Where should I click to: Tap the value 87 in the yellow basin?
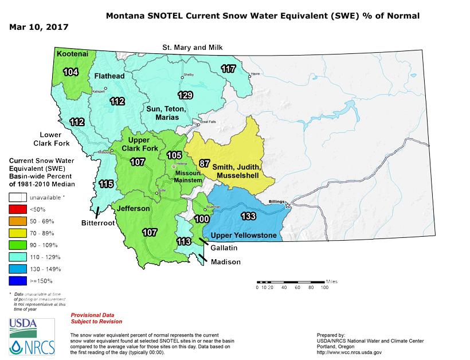pos(204,163)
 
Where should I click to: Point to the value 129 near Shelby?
pos(185,95)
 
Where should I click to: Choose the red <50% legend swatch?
pos(18,208)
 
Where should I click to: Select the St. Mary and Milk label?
pos(191,46)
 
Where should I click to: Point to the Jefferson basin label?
pos(133,209)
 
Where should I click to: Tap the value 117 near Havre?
pos(228,69)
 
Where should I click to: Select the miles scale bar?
pos(291,281)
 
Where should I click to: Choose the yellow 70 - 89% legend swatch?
pos(18,233)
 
